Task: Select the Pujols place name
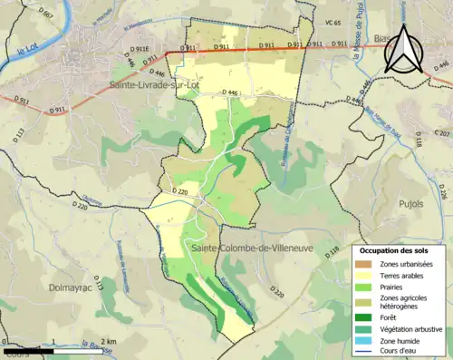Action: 410,204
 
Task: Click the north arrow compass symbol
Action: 404,48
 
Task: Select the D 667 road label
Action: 46,15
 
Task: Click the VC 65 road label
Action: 333,22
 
